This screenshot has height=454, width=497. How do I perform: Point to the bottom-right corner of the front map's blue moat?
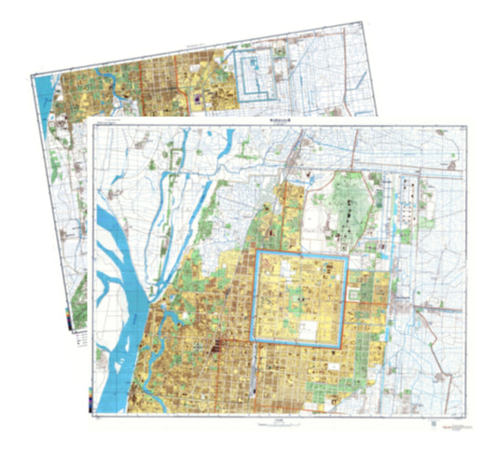tap(345, 346)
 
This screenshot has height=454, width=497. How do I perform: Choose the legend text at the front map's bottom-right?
tap(454, 421)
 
